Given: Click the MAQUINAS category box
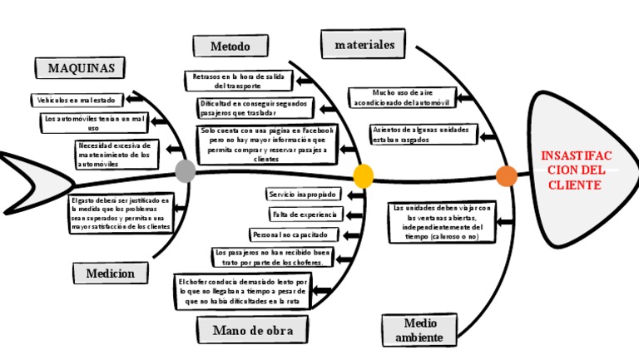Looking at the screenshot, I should click(x=80, y=67).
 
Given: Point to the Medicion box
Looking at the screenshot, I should click(x=110, y=273).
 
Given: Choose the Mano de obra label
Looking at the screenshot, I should click(x=247, y=331).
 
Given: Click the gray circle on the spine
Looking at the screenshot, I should click(x=186, y=171).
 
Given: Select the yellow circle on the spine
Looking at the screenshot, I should click(x=363, y=175).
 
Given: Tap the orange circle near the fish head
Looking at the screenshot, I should click(x=506, y=176).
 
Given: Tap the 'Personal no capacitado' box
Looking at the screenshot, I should click(x=290, y=234).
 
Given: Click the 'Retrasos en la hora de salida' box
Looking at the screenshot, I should click(x=238, y=81).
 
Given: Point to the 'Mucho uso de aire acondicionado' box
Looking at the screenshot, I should click(x=402, y=97).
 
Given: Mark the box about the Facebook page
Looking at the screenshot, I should click(x=266, y=144).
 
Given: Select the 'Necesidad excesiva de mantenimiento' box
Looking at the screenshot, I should click(x=113, y=155).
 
